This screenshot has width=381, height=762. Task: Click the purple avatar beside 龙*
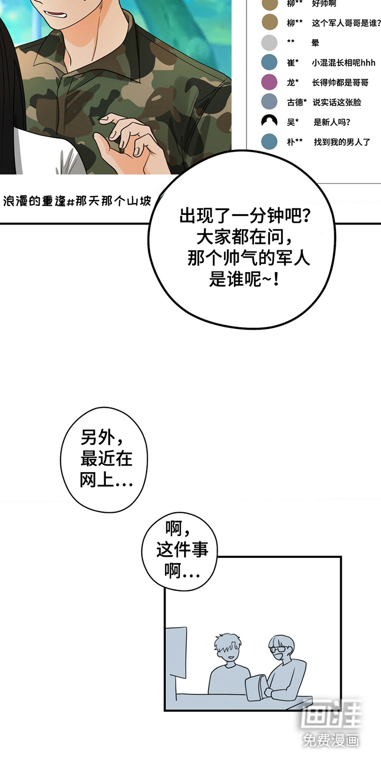point(269,83)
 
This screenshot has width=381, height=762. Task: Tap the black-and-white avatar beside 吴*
point(269,122)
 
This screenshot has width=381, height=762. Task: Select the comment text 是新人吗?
point(332,122)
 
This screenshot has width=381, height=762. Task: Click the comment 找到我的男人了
point(342,142)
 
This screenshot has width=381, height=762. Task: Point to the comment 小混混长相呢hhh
point(343,62)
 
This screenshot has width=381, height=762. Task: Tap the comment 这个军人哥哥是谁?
point(346,23)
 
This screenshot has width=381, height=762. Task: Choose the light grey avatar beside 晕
point(269,43)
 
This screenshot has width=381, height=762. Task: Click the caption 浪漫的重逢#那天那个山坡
point(77,201)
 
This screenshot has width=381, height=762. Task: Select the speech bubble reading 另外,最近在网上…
point(104,459)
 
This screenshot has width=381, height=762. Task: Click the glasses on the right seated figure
point(277,649)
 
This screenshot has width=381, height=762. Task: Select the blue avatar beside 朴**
point(269,141)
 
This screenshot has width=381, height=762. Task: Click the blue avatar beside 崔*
point(269,62)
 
